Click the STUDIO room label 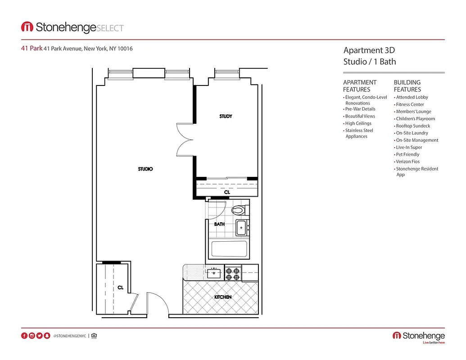pyautogui.click(x=145, y=169)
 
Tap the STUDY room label pyautogui.click(x=226, y=117)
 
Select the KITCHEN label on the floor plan pyautogui.click(x=223, y=297)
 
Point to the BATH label pyautogui.click(x=219, y=224)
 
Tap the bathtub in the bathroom pyautogui.click(x=229, y=249)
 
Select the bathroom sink pyautogui.click(x=242, y=228)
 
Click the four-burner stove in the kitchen pyautogui.click(x=233, y=272)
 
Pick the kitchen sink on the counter pyautogui.click(x=213, y=272)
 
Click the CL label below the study pyautogui.click(x=227, y=192)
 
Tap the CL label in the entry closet pyautogui.click(x=121, y=288)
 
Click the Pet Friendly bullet pyautogui.click(x=407, y=154)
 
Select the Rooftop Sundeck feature pyautogui.click(x=413, y=126)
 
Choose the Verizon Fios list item pyautogui.click(x=407, y=162)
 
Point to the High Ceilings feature pyautogui.click(x=358, y=123)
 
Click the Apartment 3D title pyautogui.click(x=369, y=50)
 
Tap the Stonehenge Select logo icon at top pyautogui.click(x=27, y=27)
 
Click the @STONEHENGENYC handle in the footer pyautogui.click(x=69, y=336)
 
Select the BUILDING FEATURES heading pyautogui.click(x=407, y=86)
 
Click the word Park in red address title pyautogui.click(x=36, y=49)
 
